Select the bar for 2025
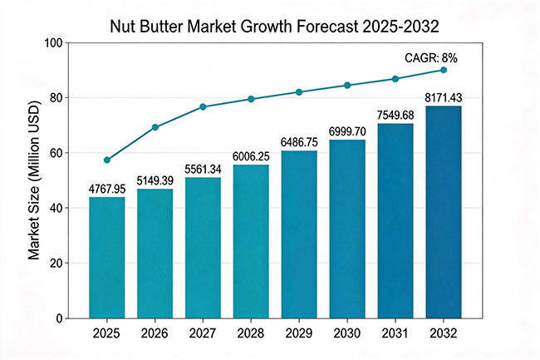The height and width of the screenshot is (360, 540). click(107, 258)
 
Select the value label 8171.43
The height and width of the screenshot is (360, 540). click(444, 99)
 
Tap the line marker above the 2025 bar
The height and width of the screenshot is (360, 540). click(107, 160)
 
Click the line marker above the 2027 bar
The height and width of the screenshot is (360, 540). click(203, 106)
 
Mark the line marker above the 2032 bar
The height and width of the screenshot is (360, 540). click(444, 70)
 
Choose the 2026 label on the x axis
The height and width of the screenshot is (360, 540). click(155, 333)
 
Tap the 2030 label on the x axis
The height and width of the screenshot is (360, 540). click(347, 333)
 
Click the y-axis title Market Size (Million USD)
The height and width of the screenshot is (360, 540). click(34, 180)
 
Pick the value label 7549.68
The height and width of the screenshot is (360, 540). click(395, 115)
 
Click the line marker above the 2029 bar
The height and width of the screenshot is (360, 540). click(299, 91)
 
